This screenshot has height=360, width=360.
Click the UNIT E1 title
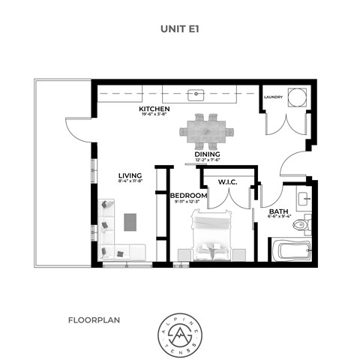pyautogui.click(x=179, y=29)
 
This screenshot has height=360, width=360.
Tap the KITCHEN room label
pyautogui.click(x=154, y=109)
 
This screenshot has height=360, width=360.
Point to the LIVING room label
pyautogui.click(x=130, y=175)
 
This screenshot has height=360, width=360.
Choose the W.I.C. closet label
pyautogui.click(x=228, y=181)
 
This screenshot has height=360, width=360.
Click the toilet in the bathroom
pyautogui.click(x=300, y=223)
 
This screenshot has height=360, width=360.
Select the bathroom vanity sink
pyautogui.click(x=303, y=199)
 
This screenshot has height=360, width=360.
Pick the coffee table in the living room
pyautogui.click(x=130, y=223)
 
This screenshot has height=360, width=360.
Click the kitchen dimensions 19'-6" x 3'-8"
pyautogui.click(x=154, y=116)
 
